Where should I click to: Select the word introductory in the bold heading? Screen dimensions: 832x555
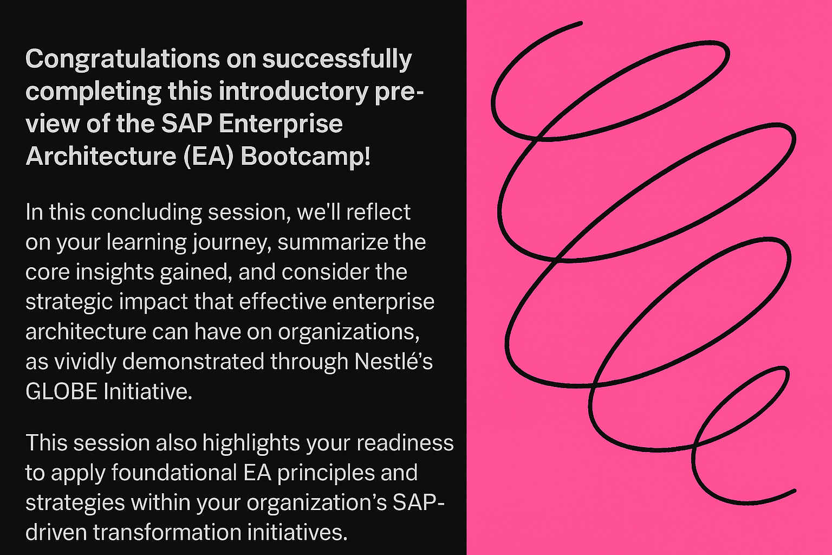[x=294, y=92]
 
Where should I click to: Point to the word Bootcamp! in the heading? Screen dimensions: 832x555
[x=305, y=156]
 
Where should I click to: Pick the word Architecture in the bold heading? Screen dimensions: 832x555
[x=101, y=156]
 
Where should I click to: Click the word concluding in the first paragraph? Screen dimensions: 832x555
[x=146, y=213]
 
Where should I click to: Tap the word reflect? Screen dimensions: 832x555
[x=378, y=212]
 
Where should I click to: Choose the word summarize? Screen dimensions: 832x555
[x=330, y=242]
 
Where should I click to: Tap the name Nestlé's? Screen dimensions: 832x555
[x=393, y=362]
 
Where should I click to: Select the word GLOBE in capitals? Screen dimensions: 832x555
[x=61, y=392]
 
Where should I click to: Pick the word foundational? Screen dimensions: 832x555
[x=174, y=473]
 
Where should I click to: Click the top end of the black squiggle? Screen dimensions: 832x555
[x=581, y=23]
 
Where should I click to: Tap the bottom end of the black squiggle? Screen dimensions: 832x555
[x=794, y=491]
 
